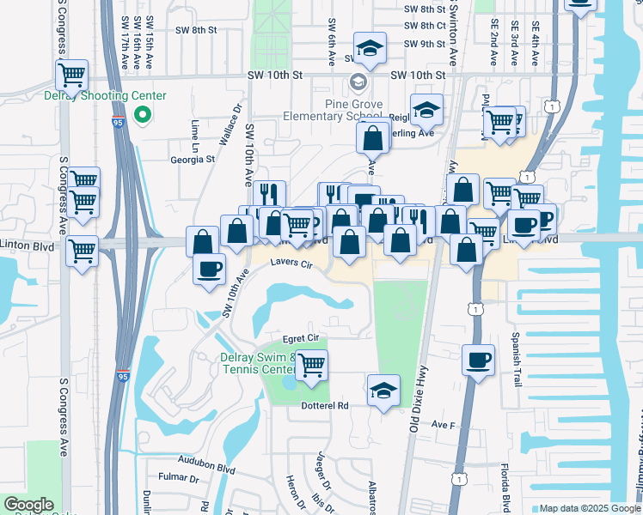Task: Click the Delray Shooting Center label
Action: point(105,96)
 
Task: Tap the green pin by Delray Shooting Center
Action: point(144,114)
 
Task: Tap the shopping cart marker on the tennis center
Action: point(311,366)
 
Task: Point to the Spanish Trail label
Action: point(517,359)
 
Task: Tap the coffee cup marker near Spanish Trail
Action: point(479,360)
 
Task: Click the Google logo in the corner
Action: point(28,505)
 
